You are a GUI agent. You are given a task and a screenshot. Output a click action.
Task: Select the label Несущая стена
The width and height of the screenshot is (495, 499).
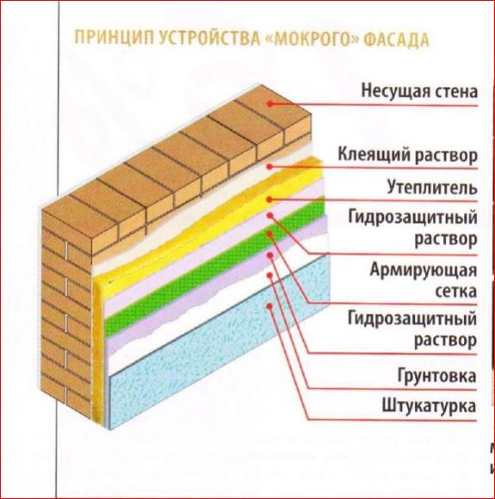(419, 90)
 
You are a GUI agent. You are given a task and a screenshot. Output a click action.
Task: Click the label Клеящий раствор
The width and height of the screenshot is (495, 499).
(408, 155)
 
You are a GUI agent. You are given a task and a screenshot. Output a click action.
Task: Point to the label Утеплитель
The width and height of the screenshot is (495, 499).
(432, 188)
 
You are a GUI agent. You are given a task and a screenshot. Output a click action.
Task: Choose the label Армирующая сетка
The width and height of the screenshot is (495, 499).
(424, 280)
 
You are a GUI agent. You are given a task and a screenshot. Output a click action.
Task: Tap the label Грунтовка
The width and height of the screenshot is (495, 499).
(436, 376)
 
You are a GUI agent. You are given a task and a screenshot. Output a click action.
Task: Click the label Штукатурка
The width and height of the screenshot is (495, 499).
(429, 406)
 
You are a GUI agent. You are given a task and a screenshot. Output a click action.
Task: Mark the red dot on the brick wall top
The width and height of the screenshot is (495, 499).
(270, 103)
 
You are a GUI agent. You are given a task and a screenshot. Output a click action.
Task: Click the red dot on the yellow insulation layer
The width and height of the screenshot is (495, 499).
(269, 200)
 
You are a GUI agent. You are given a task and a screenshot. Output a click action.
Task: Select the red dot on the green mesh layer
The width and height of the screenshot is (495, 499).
(269, 234)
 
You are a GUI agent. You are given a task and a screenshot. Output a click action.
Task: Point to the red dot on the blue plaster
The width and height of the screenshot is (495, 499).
(269, 306)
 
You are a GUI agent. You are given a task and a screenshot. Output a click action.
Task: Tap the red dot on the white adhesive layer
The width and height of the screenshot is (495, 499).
(269, 166)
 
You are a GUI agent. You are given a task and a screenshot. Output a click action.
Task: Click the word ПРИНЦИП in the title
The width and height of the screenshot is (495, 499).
(113, 38)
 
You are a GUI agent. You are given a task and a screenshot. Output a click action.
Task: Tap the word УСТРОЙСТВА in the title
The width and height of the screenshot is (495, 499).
(208, 39)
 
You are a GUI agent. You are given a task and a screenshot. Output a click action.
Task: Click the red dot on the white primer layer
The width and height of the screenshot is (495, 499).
(269, 274)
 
